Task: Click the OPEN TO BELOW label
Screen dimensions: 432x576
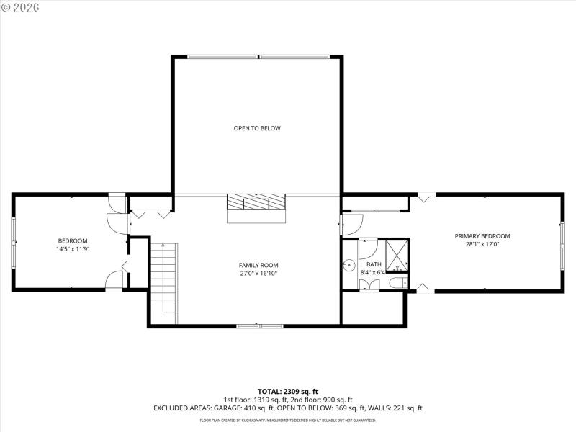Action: pyautogui.click(x=257, y=128)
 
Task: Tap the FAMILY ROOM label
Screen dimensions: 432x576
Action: pyautogui.click(x=258, y=265)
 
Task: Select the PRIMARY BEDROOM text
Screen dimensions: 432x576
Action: pyautogui.click(x=482, y=236)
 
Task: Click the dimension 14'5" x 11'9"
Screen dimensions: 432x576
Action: pyautogui.click(x=73, y=249)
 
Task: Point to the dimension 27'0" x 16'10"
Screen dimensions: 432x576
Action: pyautogui.click(x=258, y=274)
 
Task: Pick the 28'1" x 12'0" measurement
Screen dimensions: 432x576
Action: pyautogui.click(x=482, y=245)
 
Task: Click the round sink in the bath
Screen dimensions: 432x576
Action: pyautogui.click(x=348, y=265)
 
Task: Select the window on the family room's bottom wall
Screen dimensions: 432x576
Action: pyautogui.click(x=259, y=326)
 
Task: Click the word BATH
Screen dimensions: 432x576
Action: pyautogui.click(x=374, y=265)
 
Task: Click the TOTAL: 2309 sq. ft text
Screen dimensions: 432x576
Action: pyautogui.click(x=288, y=390)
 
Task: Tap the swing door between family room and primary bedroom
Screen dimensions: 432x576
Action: pyautogui.click(x=351, y=224)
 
